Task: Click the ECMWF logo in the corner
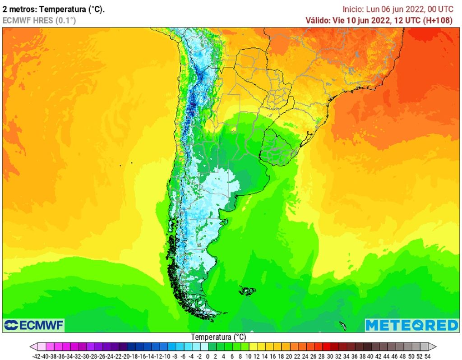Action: tap(34, 325)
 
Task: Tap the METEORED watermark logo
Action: tap(411, 325)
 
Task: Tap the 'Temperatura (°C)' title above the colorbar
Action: tap(218, 337)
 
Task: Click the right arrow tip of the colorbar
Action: tap(435, 346)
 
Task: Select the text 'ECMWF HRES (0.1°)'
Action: tap(39, 20)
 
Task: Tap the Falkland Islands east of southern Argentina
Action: tap(247, 291)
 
